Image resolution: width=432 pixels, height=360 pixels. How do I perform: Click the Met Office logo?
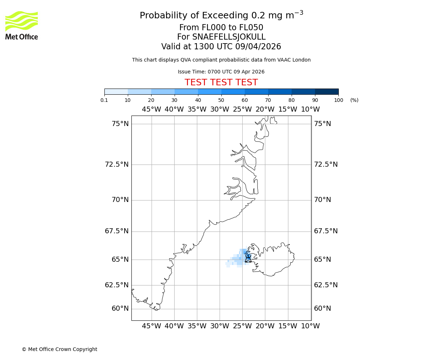coord(22,25)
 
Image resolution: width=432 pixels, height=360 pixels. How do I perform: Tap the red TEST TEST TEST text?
coord(221,82)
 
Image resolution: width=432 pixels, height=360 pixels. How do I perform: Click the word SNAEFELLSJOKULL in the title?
coord(229,37)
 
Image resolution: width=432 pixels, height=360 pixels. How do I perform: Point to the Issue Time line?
coord(221,72)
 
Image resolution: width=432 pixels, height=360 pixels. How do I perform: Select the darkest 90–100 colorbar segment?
coord(327,91)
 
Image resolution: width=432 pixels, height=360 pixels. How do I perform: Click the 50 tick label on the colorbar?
coord(221,100)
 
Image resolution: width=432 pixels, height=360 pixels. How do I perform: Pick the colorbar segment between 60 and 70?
coord(256,91)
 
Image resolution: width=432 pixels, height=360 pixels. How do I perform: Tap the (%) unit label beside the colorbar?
coord(354,100)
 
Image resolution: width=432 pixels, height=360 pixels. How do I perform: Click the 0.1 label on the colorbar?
coord(104,100)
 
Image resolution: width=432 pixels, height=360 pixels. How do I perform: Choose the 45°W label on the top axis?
coord(151,109)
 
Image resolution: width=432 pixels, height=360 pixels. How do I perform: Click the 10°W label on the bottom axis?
coord(310,326)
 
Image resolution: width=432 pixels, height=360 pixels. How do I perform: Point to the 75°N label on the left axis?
coord(120,124)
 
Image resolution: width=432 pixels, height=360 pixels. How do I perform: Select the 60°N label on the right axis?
coord(322,309)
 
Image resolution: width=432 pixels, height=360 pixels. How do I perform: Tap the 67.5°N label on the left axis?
coord(117,231)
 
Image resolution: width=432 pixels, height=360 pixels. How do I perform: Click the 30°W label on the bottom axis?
coord(220,326)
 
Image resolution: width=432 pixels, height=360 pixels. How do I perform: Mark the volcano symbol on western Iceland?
coord(248,258)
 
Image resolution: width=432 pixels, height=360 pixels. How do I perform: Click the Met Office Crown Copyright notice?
coord(59,349)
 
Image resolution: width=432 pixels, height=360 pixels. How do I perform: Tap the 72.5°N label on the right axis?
coord(326,165)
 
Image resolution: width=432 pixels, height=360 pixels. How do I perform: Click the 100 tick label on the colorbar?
coord(338,100)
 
